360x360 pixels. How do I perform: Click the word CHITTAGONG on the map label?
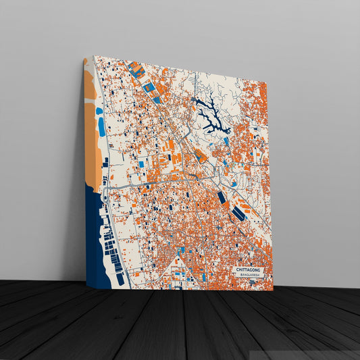click(249, 270)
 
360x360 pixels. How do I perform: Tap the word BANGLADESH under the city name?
click(249, 276)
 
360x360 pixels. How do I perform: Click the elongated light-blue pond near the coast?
click(102, 127)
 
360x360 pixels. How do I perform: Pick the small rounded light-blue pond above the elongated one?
click(99, 111)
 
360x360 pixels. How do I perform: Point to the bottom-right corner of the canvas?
click(273, 291)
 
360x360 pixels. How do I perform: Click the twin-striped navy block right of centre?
click(238, 214)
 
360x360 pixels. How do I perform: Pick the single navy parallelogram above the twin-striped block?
click(222, 197)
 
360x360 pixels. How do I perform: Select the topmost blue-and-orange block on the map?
click(136, 70)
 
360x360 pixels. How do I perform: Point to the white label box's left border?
click(233, 272)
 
